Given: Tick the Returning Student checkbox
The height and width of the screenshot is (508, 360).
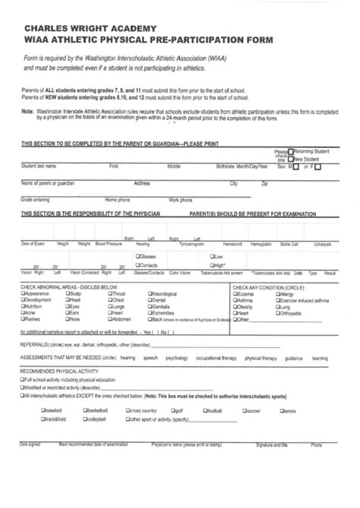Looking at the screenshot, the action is point(290,151).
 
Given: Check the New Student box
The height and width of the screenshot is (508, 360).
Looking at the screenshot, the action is point(290,159).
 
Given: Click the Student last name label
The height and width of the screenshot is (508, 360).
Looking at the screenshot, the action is point(38,166).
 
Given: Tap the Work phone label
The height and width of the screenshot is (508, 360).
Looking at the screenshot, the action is point(181,200).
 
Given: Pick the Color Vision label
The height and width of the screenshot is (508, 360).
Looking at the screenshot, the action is point(180,272).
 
